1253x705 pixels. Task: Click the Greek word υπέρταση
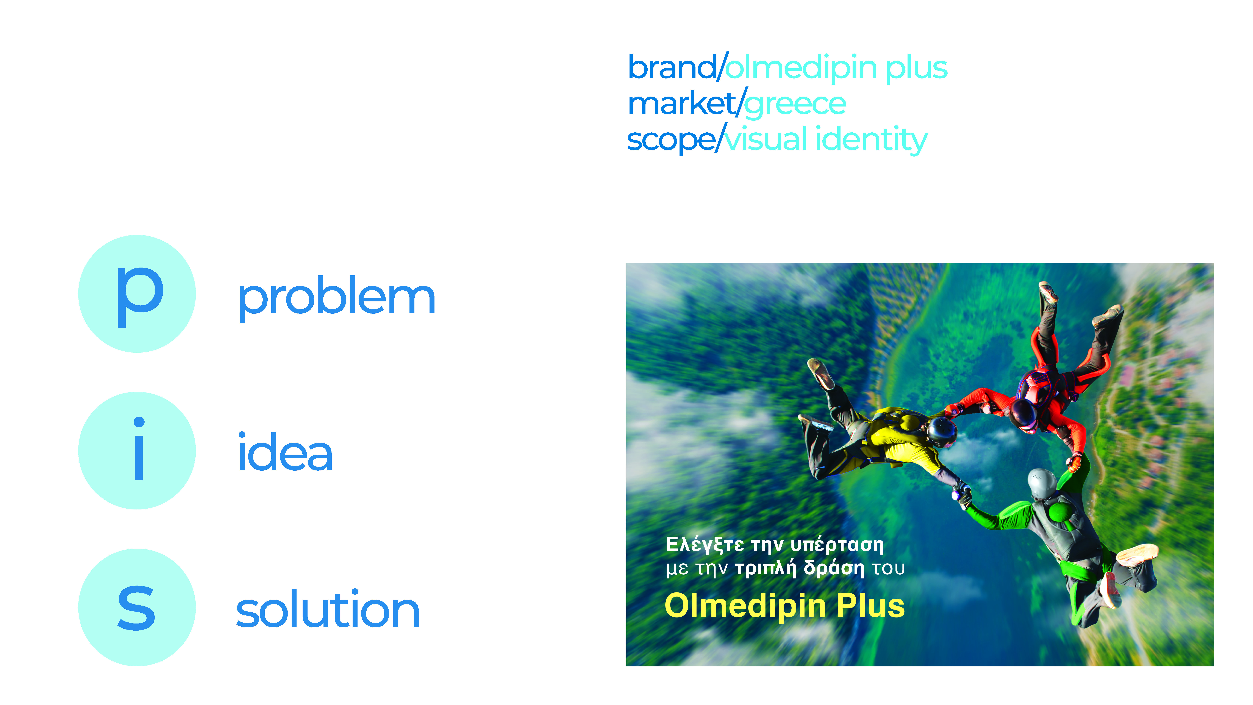tap(837, 545)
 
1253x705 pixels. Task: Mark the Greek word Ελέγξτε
tap(704, 545)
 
